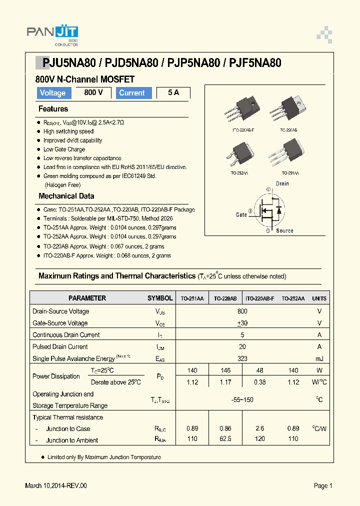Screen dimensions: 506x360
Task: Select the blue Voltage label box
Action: click(x=52, y=93)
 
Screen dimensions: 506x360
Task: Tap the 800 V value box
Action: click(x=93, y=92)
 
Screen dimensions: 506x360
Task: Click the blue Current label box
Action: click(x=133, y=93)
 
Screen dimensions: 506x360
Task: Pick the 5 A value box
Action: click(x=173, y=93)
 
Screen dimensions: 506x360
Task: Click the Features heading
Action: click(x=53, y=109)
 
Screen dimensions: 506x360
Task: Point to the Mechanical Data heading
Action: click(x=66, y=196)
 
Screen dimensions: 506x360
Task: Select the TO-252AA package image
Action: click(x=242, y=153)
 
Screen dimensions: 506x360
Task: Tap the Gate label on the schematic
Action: click(x=241, y=214)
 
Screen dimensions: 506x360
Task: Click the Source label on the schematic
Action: click(x=284, y=230)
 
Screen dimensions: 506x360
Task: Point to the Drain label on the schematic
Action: click(x=282, y=183)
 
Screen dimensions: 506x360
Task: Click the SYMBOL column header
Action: click(x=160, y=298)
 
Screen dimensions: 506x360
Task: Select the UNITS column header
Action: click(x=319, y=298)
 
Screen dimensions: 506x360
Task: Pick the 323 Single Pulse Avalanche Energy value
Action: click(x=242, y=358)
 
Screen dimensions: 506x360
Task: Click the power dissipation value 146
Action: click(x=225, y=370)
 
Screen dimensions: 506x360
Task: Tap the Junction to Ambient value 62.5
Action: click(x=225, y=439)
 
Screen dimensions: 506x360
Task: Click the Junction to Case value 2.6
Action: click(x=259, y=428)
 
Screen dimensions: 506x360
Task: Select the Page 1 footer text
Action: click(x=323, y=485)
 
